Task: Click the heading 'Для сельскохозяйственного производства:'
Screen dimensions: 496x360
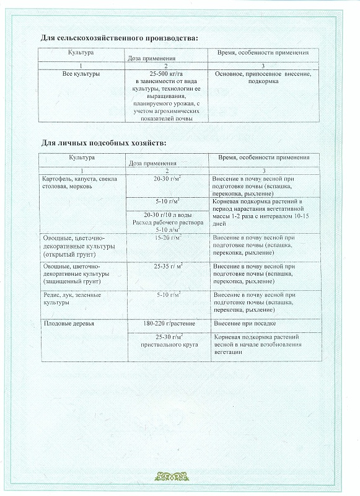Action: coord(120,38)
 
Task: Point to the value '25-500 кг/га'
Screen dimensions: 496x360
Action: coord(167,74)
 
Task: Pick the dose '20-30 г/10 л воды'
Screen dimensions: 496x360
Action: coord(167,215)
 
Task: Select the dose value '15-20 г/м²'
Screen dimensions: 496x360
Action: coord(167,237)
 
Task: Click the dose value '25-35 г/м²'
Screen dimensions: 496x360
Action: coord(167,266)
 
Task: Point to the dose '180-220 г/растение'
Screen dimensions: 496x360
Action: coord(167,324)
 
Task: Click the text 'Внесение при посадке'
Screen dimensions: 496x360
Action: coord(244,324)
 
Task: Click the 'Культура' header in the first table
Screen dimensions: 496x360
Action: coord(81,53)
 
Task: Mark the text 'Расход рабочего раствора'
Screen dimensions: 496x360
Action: coord(167,222)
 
